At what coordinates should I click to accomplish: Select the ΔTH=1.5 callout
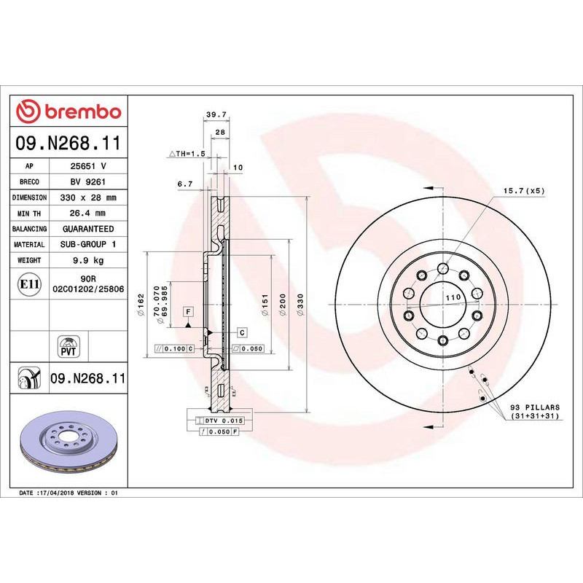187,154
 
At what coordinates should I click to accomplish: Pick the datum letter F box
188,312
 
